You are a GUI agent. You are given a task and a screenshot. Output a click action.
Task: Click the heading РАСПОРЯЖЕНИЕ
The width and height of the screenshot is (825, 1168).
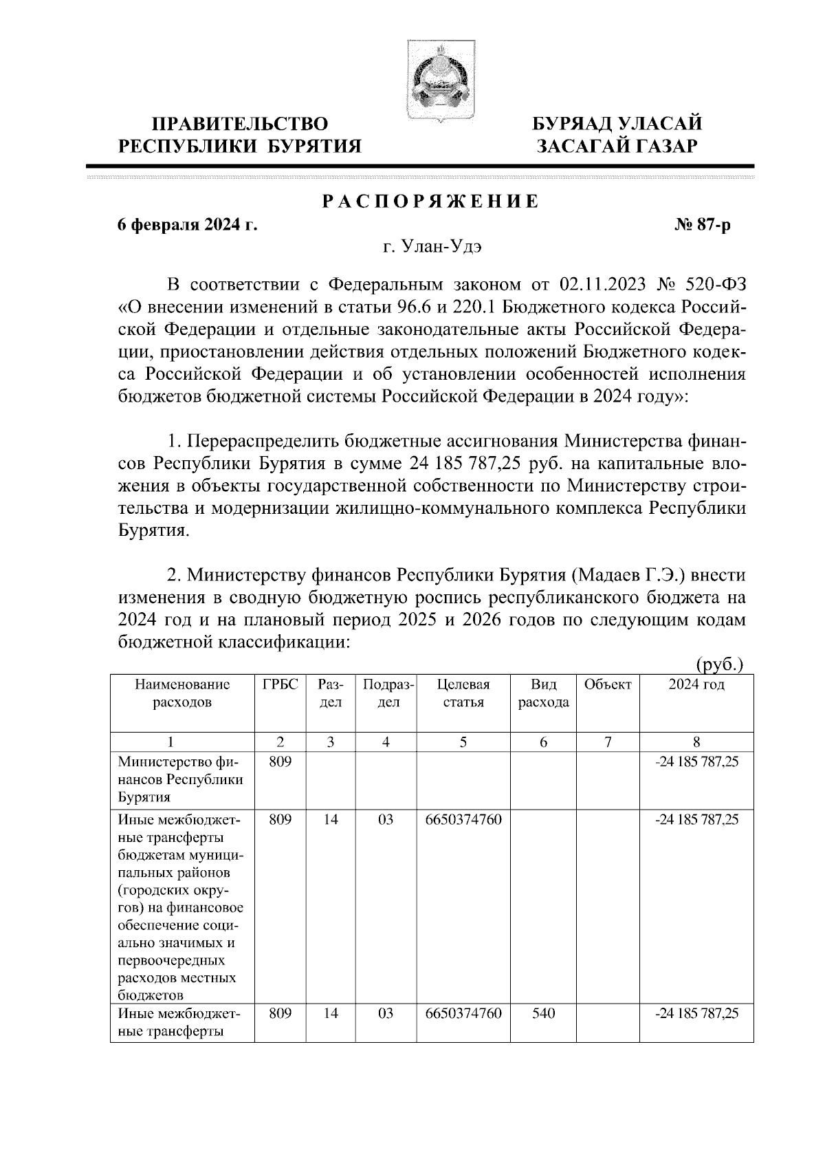[x=430, y=202]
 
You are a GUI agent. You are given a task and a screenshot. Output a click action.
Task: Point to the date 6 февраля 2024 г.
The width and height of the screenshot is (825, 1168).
[x=187, y=225]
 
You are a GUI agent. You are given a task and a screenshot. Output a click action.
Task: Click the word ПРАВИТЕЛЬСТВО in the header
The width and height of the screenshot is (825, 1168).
[x=240, y=125]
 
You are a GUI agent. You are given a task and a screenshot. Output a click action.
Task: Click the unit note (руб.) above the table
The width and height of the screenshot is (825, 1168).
[x=720, y=664]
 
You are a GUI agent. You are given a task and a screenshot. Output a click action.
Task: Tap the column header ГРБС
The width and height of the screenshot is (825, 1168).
[x=280, y=685]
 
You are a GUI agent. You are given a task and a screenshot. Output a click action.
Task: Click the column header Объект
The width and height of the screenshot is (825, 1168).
[x=607, y=685]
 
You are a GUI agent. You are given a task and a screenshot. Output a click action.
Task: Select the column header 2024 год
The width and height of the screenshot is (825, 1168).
[x=696, y=685]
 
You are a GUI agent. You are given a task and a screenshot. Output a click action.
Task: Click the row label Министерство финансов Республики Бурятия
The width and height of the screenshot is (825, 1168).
[x=181, y=779]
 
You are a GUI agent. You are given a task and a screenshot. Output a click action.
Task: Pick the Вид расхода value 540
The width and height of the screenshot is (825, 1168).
[x=543, y=1013]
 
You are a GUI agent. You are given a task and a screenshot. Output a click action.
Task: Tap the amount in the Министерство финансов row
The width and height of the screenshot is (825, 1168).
[x=696, y=762]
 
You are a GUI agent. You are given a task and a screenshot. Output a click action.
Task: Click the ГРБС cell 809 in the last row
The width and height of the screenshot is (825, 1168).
[x=280, y=1013]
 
